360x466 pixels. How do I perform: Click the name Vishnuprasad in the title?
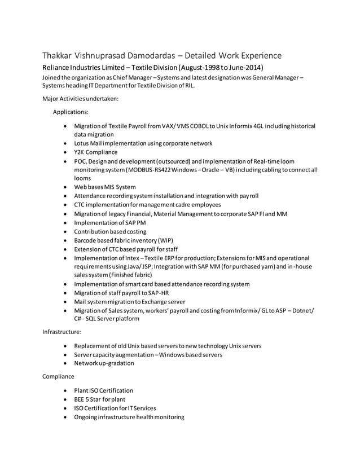click(x=107, y=55)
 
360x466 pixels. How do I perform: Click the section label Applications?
click(x=70, y=112)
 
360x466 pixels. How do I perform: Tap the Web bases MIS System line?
click(x=105, y=187)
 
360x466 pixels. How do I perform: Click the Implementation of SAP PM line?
click(x=109, y=222)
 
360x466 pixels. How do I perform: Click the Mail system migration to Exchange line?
click(x=129, y=302)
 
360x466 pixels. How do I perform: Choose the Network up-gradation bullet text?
click(x=104, y=363)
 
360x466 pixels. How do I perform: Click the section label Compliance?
click(x=58, y=376)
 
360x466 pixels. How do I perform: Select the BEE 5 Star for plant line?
click(x=99, y=399)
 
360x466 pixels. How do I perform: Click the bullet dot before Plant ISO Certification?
click(x=68, y=390)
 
